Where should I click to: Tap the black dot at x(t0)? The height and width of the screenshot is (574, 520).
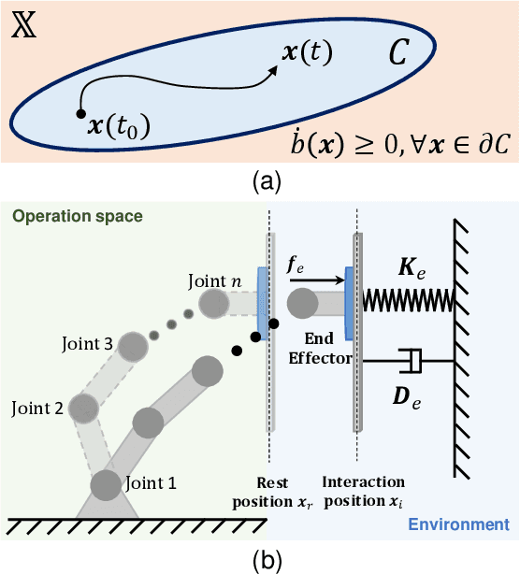79,115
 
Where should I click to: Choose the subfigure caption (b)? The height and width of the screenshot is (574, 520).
259,562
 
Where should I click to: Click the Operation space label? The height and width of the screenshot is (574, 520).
78,216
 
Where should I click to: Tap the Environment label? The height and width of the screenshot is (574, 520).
458,524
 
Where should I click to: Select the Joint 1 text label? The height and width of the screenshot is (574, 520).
151,483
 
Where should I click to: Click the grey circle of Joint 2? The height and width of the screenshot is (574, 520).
85,409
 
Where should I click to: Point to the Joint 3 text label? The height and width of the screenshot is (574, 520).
89,345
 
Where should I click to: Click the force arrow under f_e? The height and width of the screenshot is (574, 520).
318,279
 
